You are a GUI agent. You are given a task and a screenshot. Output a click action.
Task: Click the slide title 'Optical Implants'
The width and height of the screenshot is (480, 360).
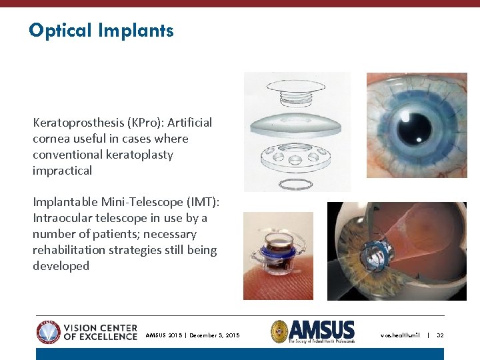click(x=101, y=31)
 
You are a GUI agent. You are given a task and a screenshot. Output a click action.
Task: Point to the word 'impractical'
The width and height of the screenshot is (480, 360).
click(x=62, y=171)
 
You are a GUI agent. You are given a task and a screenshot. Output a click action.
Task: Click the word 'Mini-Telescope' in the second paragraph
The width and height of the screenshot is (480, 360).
click(x=134, y=202)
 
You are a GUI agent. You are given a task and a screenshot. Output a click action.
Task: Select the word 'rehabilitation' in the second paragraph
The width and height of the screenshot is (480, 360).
click(x=67, y=250)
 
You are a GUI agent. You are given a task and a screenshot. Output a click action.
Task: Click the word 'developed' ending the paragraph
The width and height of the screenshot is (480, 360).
click(x=61, y=266)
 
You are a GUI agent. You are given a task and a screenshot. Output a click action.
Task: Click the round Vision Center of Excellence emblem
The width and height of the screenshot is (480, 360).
click(x=49, y=332)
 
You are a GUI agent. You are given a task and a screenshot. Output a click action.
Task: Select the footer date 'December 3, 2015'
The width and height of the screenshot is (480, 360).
click(x=215, y=335)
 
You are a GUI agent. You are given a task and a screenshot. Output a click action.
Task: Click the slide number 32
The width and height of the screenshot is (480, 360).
click(x=440, y=335)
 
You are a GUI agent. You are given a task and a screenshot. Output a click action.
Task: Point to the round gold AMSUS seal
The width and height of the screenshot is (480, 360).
click(x=279, y=331)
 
